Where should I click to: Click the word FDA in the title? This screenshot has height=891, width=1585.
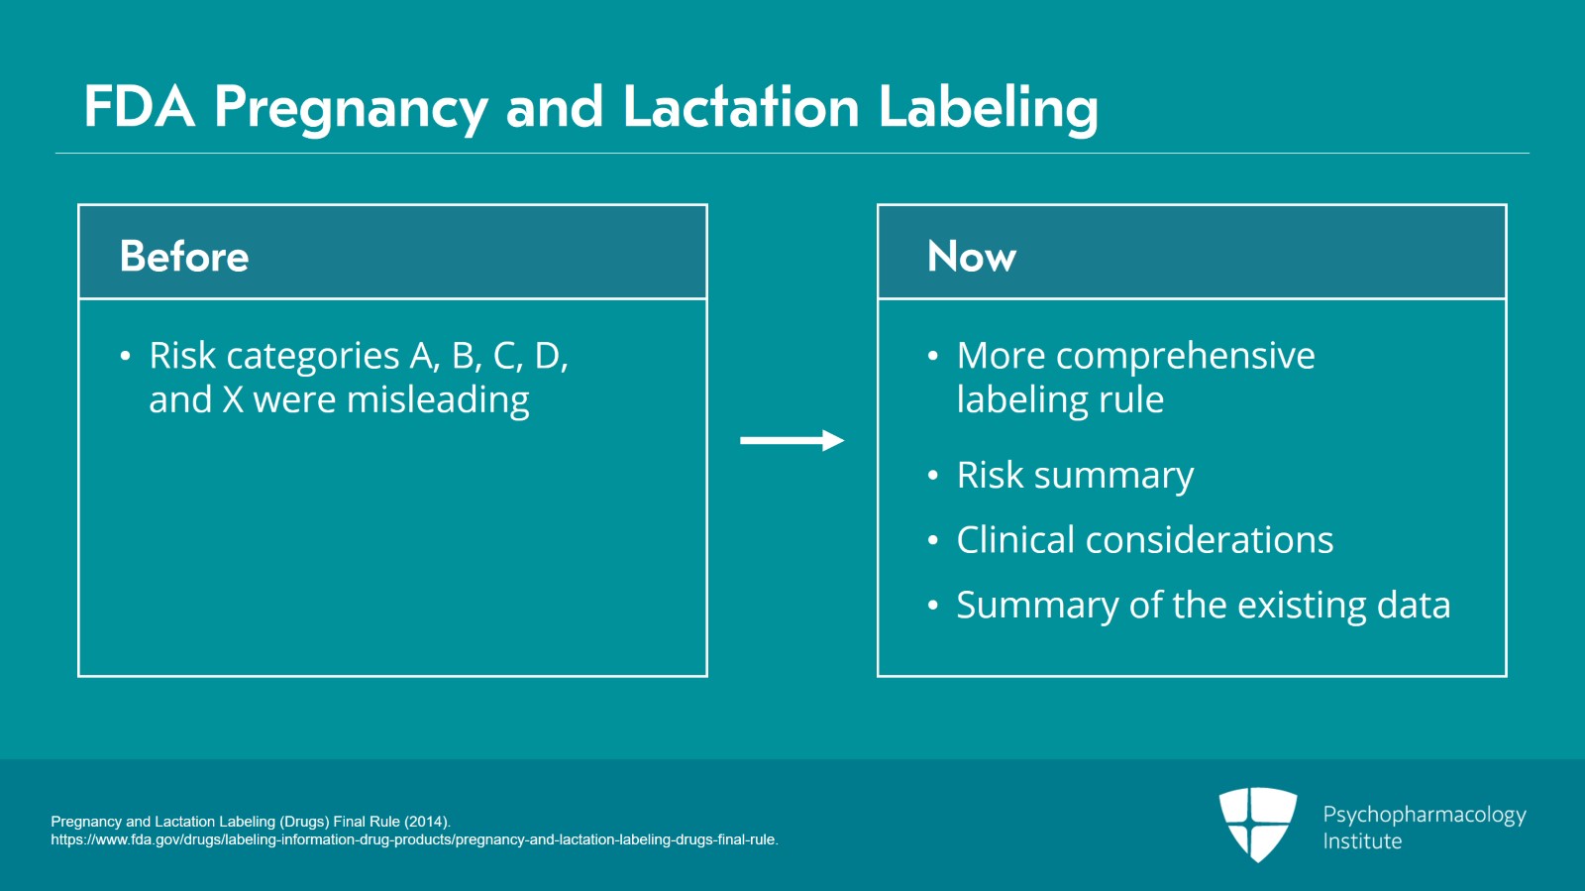point(139,106)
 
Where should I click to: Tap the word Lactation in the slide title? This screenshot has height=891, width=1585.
point(740,106)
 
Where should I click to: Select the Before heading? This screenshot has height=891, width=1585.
point(184,256)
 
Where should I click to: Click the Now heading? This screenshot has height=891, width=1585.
point(971,256)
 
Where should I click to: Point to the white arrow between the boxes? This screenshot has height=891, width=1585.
point(792,440)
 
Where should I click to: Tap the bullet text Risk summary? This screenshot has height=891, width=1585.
point(1075,475)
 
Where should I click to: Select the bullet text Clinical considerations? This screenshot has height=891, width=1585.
point(1144,540)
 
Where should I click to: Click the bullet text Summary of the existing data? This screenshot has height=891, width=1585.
point(1203,605)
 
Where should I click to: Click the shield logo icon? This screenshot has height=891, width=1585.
point(1257,824)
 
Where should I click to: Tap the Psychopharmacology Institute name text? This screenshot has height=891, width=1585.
point(1424,827)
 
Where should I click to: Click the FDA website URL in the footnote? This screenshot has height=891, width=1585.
point(414,839)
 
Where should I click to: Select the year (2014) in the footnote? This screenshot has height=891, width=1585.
point(426,822)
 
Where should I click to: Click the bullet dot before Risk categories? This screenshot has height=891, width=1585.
point(125,356)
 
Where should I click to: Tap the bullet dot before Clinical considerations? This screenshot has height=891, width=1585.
point(932,541)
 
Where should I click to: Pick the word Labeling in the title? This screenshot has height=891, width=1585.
point(988,106)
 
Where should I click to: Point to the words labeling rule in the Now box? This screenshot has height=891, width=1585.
point(1060,399)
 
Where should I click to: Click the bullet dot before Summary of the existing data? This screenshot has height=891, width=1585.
point(932,606)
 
